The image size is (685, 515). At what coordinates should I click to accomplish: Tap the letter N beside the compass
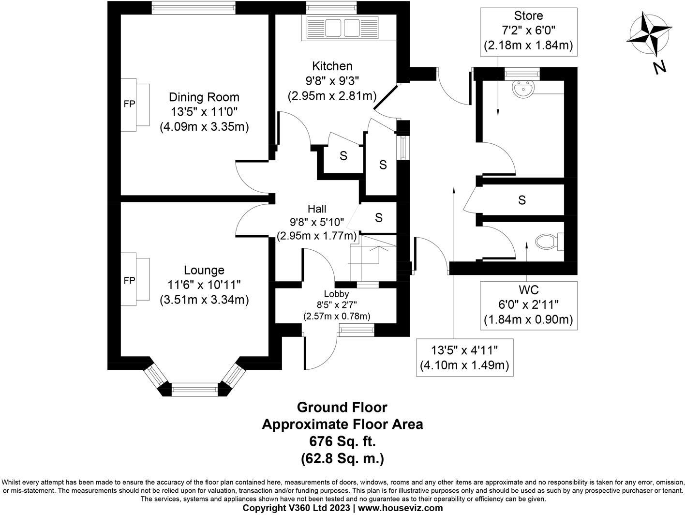tap(659, 68)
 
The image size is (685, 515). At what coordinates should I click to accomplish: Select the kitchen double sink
tap(342, 28)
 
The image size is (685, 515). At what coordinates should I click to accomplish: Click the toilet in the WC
tap(549, 242)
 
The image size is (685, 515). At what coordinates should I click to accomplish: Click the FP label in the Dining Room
tap(130, 104)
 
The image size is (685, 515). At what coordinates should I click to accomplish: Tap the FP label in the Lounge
tap(130, 281)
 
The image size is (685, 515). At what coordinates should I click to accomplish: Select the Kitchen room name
tap(332, 66)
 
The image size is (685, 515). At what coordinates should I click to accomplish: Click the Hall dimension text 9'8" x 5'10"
tap(317, 222)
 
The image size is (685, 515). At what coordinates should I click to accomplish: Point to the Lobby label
tap(336, 294)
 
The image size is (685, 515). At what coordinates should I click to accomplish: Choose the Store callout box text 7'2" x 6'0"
tap(528, 30)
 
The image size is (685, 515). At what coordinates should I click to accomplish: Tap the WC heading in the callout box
tap(529, 289)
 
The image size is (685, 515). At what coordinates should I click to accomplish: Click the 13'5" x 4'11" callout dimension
tap(464, 350)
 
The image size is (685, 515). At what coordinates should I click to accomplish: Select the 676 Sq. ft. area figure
tap(342, 441)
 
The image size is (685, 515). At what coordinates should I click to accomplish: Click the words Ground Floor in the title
tap(342, 408)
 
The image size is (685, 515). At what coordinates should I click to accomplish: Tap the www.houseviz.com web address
tap(401, 508)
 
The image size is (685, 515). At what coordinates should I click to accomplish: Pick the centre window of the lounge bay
tap(194, 389)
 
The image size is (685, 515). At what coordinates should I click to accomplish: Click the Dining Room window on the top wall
tap(194, 8)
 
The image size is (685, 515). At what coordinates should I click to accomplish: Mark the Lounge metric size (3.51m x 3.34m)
tap(204, 300)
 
